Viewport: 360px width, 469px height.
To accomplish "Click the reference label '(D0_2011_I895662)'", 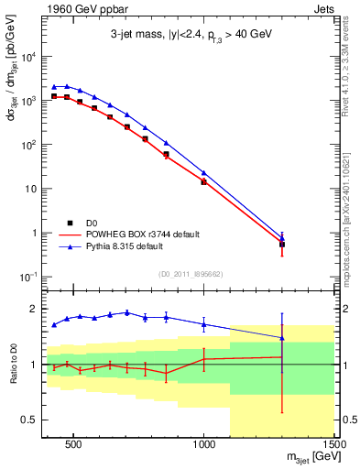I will click(x=191, y=272).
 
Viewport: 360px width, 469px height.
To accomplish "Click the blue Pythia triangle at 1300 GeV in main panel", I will click(x=282, y=237).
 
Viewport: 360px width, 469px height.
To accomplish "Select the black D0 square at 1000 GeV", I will click(x=203, y=181).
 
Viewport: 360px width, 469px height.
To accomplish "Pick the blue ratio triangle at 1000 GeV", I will click(x=203, y=323).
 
